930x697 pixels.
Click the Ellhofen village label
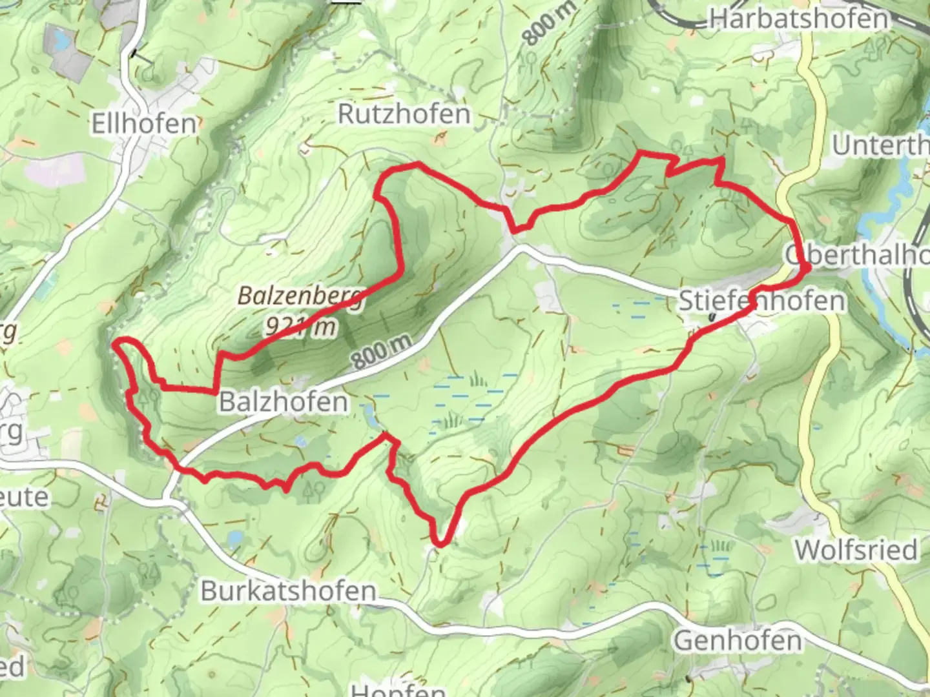pos(143,123)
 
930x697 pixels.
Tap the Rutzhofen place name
pos(404,114)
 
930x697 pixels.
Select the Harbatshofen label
pos(799,19)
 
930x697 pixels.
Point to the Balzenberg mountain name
pos(300,296)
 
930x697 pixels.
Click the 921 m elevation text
pos(300,327)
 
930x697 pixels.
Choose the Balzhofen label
pos(284,401)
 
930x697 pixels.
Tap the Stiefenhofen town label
pos(761,301)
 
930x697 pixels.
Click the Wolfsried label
pos(856,550)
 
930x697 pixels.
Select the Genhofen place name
pos(738,641)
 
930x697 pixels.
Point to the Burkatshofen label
pos(288,591)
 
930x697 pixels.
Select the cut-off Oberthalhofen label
pos(857,255)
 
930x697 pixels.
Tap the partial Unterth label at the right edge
pos(880,146)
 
